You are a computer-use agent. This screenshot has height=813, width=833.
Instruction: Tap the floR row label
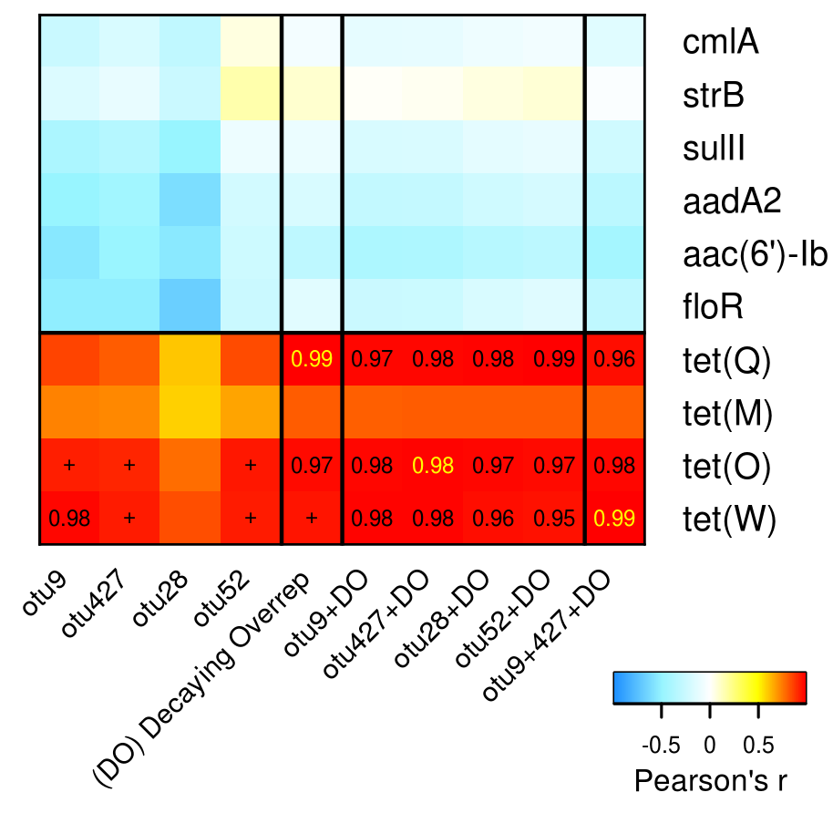713,307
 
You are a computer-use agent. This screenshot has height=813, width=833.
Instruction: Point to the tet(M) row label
727,413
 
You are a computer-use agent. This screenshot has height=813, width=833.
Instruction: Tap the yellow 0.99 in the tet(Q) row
312,359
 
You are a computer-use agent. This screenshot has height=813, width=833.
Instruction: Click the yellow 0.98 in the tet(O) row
433,466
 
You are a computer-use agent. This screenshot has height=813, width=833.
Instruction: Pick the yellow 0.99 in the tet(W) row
615,519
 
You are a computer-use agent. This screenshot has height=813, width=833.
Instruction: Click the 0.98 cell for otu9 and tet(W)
68,519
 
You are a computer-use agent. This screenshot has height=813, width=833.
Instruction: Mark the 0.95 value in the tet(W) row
554,519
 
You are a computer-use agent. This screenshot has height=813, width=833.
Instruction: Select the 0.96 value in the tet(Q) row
615,359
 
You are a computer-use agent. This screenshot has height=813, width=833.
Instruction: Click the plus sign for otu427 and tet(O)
129,466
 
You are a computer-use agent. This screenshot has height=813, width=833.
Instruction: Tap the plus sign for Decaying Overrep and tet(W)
312,519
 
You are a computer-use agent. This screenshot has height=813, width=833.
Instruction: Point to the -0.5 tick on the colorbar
662,745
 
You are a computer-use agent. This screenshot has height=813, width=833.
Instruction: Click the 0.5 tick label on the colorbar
753,745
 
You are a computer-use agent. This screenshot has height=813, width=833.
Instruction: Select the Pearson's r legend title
710,780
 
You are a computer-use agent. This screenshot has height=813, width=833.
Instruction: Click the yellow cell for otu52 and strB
251,94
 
